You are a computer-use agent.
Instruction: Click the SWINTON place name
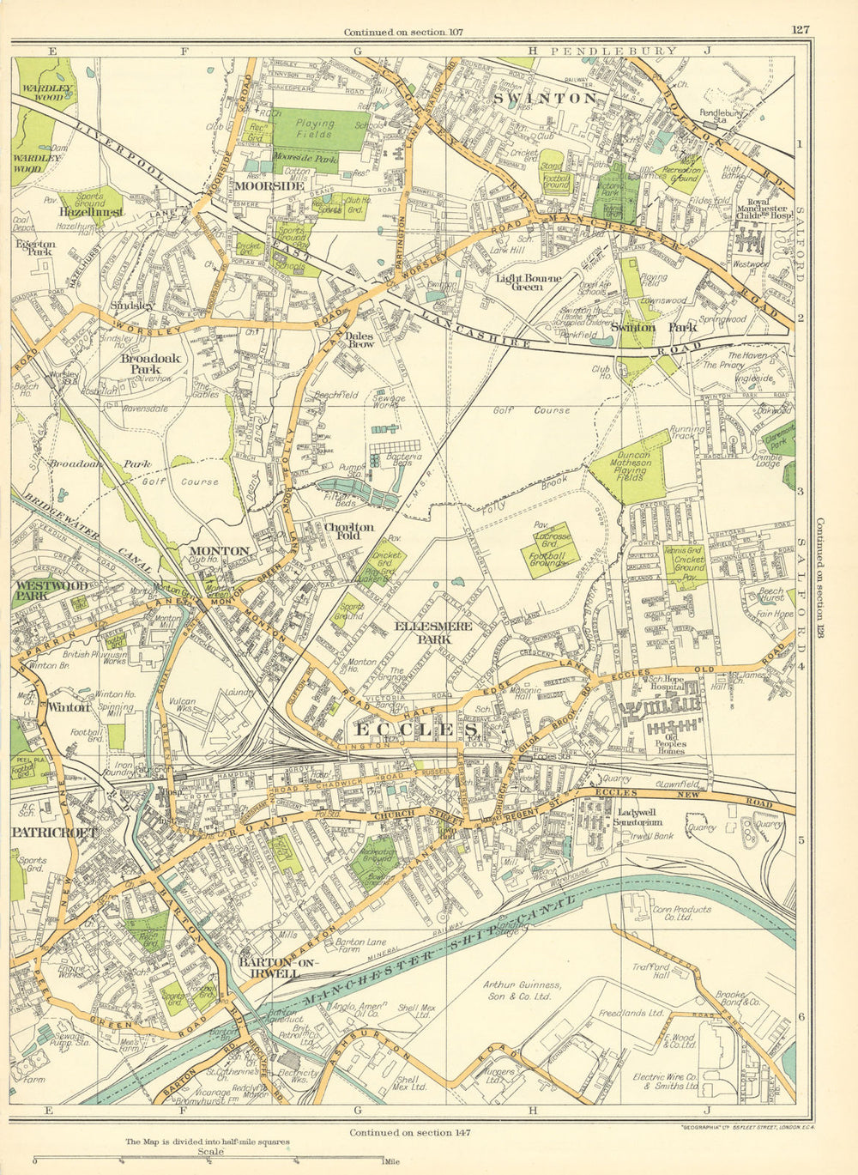coord(546,99)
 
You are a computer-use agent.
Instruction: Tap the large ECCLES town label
coord(417,730)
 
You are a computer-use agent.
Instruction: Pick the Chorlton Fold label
coord(348,532)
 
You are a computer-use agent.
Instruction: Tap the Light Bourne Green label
coord(529,282)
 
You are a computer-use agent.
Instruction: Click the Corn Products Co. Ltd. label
coord(681,912)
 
